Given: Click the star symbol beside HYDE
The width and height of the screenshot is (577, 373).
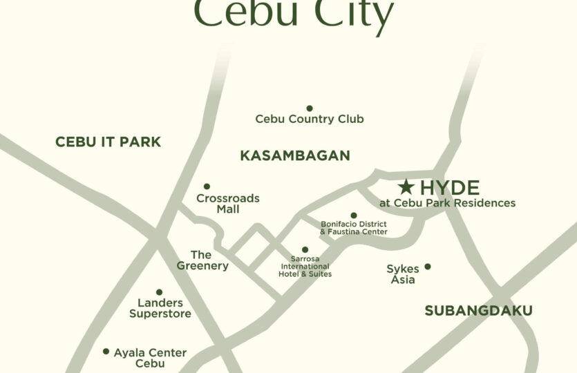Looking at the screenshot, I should (406, 186).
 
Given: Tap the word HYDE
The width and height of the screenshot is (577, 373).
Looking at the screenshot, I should (449, 187).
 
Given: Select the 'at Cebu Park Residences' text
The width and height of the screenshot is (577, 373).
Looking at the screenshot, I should (447, 203).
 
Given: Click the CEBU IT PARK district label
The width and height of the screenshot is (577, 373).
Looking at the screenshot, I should (108, 142).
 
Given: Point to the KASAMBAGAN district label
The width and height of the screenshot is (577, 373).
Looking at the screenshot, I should (295, 156).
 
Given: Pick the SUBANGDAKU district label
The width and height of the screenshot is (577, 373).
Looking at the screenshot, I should (478, 311).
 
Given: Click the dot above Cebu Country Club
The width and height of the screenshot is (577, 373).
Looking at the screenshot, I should (309, 108).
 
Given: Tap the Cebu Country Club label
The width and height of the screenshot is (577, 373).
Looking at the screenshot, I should (309, 119).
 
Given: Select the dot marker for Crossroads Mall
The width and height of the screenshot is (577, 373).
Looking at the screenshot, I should (207, 186).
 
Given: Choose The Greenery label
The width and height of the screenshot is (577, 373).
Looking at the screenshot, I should (201, 260).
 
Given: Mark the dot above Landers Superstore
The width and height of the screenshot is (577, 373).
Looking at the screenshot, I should (159, 292).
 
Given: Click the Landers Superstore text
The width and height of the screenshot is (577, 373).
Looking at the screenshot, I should (160, 308).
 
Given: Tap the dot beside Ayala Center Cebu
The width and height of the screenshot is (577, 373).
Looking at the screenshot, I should (106, 351).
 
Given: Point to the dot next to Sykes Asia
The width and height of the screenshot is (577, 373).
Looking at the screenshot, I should (428, 267).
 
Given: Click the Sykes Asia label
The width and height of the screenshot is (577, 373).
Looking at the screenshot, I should (403, 274).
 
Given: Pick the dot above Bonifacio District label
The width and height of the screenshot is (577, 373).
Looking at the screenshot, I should (354, 216).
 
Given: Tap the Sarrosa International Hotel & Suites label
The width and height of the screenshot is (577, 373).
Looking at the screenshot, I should (305, 267).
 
